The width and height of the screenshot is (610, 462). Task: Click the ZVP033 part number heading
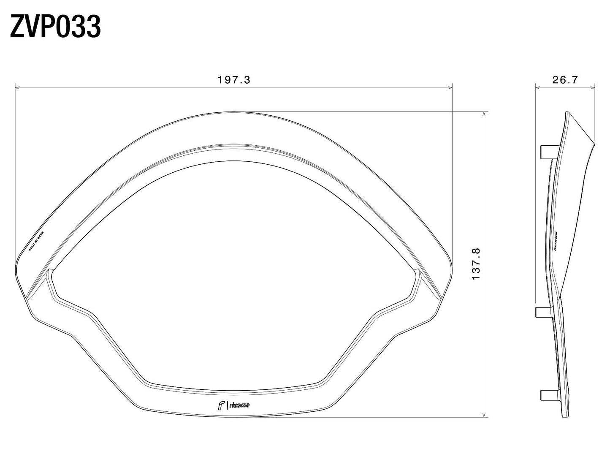click(55, 27)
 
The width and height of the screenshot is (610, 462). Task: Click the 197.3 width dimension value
click(234, 80)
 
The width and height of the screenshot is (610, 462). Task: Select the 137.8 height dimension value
click(476, 264)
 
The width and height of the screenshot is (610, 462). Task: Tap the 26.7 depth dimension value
click(565, 80)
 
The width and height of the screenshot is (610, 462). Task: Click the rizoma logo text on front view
click(239, 405)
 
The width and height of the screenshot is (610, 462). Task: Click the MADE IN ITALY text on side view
click(556, 241)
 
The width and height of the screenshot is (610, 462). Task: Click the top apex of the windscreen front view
click(233, 112)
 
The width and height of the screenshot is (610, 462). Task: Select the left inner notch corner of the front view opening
click(50, 270)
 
